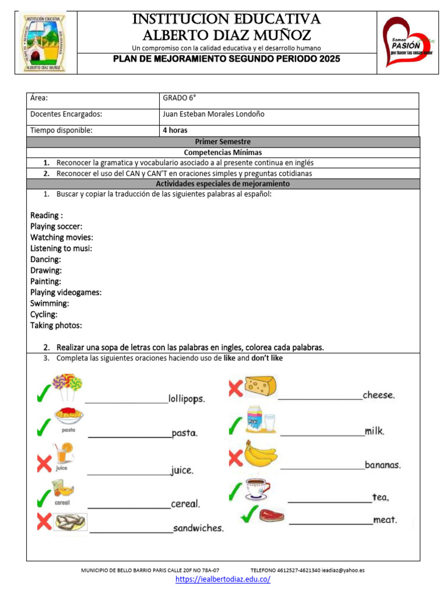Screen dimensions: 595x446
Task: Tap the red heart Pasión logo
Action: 409,41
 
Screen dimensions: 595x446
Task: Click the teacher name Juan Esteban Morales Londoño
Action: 213,114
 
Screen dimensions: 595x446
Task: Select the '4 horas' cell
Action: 175,131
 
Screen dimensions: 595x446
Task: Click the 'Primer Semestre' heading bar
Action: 222,141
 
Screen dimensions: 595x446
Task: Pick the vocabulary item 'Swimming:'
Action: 50,303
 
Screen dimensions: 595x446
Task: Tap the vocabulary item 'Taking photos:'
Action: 56,325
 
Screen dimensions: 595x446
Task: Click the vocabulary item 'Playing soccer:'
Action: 56,226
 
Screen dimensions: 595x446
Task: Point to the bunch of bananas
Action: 260,454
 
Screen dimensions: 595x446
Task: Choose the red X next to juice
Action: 44,464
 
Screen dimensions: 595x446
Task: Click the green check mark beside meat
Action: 249,513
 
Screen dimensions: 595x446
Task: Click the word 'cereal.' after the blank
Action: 185,504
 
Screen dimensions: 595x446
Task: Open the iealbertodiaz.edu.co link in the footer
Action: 223,580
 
